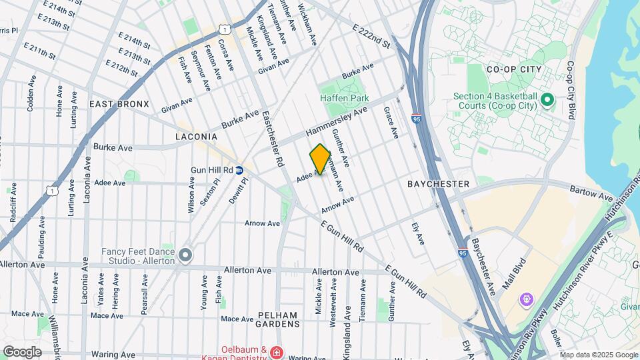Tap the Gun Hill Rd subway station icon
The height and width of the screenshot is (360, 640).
tap(239, 170)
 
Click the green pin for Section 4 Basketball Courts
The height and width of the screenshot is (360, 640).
tap(547, 101)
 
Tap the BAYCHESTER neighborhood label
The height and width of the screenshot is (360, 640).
tap(438, 183)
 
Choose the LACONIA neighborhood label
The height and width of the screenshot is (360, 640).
tap(196, 137)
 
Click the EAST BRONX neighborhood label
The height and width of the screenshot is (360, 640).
tap(119, 105)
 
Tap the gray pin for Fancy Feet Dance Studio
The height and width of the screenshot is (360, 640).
tap(185, 255)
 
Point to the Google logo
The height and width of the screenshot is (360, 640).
tap(22, 352)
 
